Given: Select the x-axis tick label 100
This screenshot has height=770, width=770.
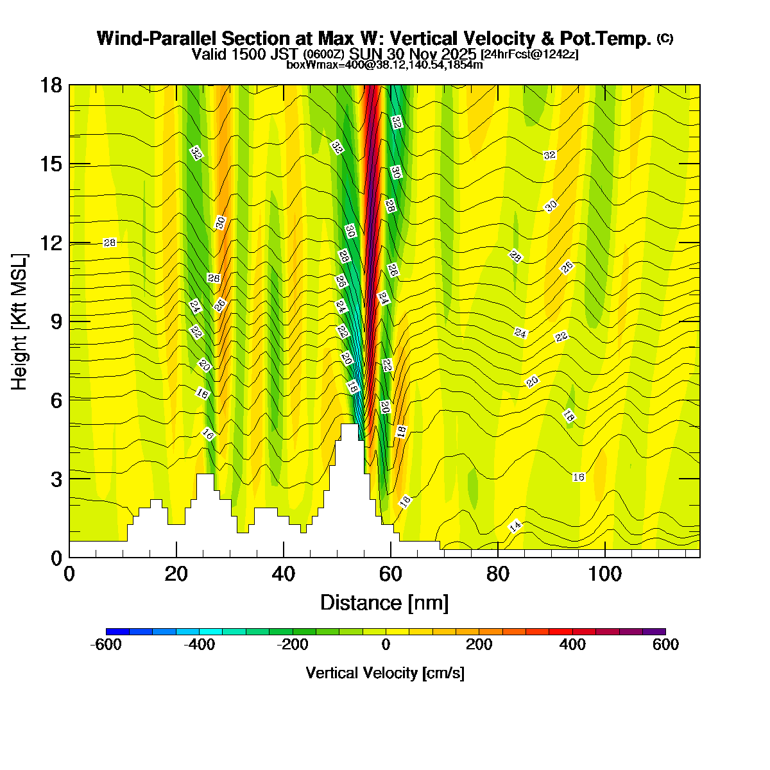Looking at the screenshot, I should [605, 574].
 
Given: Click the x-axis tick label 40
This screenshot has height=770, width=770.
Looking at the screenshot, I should [283, 574].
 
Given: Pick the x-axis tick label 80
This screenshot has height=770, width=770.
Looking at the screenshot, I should [497, 574].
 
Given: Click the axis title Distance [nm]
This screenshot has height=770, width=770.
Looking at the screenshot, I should [384, 603].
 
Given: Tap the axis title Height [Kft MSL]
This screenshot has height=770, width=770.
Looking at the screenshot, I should [20, 321].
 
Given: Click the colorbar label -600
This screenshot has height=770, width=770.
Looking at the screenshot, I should [106, 645].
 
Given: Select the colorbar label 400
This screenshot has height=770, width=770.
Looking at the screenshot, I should [572, 645].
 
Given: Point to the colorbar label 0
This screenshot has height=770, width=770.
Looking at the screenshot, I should [386, 645].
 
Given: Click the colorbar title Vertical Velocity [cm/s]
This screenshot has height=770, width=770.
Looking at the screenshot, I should [385, 673].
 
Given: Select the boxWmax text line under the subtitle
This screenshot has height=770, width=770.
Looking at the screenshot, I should [384, 64].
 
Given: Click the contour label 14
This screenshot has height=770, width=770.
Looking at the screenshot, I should [515, 526].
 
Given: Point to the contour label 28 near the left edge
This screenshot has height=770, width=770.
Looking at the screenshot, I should [110, 243].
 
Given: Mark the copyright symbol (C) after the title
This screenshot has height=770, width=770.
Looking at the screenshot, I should [665, 38].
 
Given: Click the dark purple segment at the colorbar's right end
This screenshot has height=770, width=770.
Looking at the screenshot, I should [654, 631].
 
